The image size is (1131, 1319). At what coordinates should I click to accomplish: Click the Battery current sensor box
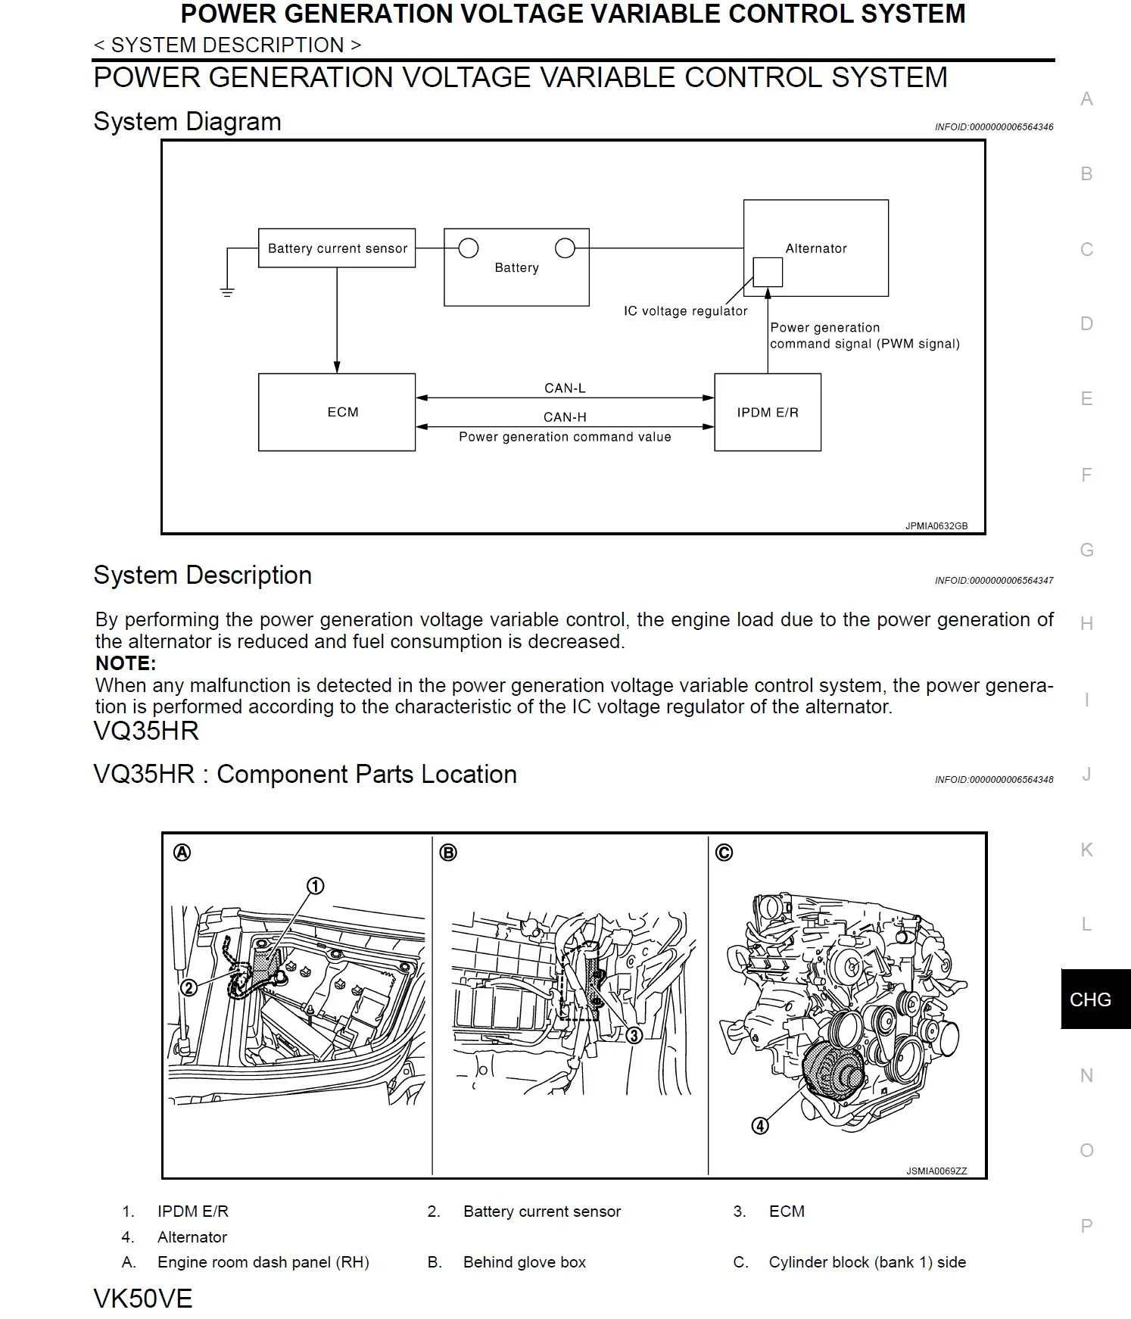pyautogui.click(x=337, y=248)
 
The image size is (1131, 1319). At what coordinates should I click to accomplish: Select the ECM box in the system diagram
pyautogui.click(x=337, y=412)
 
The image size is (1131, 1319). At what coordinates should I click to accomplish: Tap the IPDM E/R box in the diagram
pyautogui.click(x=767, y=412)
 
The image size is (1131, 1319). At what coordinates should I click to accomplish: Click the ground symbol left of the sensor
pyautogui.click(x=227, y=292)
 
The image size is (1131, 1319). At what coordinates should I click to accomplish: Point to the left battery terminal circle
pyautogui.click(x=469, y=248)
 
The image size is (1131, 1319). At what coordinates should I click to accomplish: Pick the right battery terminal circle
pyautogui.click(x=565, y=248)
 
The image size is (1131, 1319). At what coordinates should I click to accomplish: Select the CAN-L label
pyautogui.click(x=565, y=388)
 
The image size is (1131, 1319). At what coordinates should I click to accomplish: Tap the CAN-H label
pyautogui.click(x=565, y=416)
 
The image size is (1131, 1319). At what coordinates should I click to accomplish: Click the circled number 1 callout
pyautogui.click(x=316, y=886)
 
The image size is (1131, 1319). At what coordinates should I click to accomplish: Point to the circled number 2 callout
pyautogui.click(x=188, y=987)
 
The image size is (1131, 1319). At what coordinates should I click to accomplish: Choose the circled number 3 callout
pyautogui.click(x=634, y=1035)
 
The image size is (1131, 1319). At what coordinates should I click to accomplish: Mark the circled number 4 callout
pyautogui.click(x=759, y=1126)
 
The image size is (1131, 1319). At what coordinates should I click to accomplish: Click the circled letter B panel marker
pyautogui.click(x=448, y=853)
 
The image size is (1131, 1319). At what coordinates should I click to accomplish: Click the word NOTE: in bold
pyautogui.click(x=126, y=663)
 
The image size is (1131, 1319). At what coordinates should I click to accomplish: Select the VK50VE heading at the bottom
pyautogui.click(x=143, y=1299)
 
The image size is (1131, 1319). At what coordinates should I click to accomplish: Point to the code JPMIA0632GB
pyautogui.click(x=936, y=525)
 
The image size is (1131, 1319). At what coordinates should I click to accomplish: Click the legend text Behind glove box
pyautogui.click(x=525, y=1262)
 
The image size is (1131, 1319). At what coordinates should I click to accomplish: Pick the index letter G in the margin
pyautogui.click(x=1086, y=550)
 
